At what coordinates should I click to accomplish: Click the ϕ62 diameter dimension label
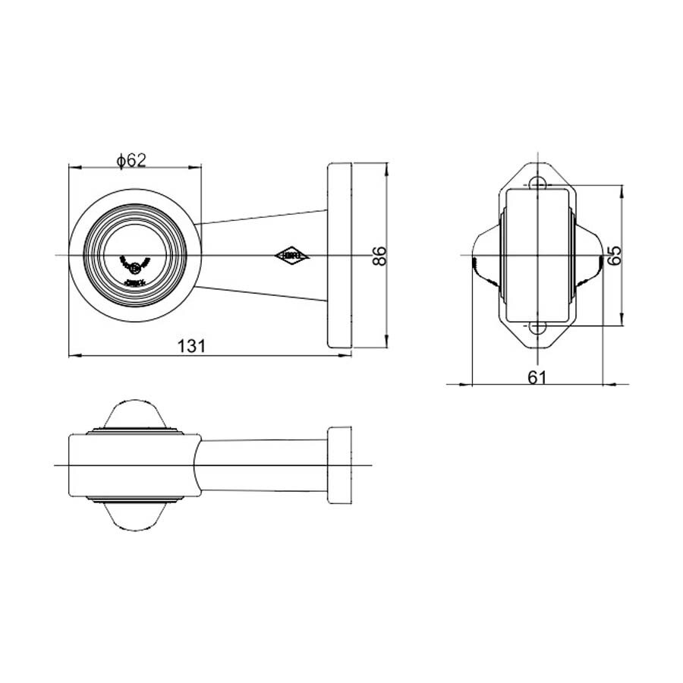[131, 159]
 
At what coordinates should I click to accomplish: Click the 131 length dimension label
[192, 346]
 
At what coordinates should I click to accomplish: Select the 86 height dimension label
[379, 256]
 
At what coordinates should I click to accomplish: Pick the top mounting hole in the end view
[538, 183]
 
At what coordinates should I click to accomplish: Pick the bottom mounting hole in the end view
[538, 328]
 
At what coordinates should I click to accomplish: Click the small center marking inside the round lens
[134, 267]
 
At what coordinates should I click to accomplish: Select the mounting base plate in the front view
[339, 256]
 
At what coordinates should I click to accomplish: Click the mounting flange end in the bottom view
[339, 464]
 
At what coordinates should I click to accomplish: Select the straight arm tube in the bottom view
[266, 464]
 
